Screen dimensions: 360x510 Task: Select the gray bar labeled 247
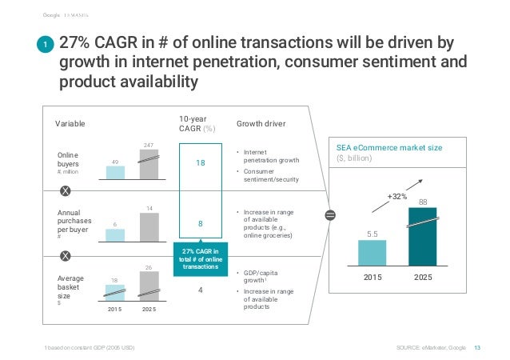point(149,165)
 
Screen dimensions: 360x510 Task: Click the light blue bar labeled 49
point(115,172)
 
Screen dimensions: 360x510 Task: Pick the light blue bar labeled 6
point(115,235)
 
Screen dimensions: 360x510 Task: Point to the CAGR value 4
point(201,290)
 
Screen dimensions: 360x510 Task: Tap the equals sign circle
point(330,215)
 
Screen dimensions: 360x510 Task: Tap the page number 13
point(478,346)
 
